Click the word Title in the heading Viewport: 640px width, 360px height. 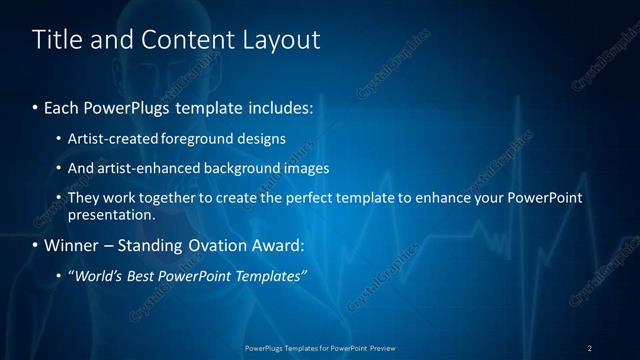56,39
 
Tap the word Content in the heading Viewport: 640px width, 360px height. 179,39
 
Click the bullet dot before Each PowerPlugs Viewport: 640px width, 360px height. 36,106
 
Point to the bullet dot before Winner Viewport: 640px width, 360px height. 36,245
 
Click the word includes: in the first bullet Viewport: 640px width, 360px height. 284,106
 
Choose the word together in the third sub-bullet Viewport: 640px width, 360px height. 163,198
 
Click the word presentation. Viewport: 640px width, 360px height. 111,214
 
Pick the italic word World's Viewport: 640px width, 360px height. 97,275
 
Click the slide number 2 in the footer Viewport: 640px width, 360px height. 590,347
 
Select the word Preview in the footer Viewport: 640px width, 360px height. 383,347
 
